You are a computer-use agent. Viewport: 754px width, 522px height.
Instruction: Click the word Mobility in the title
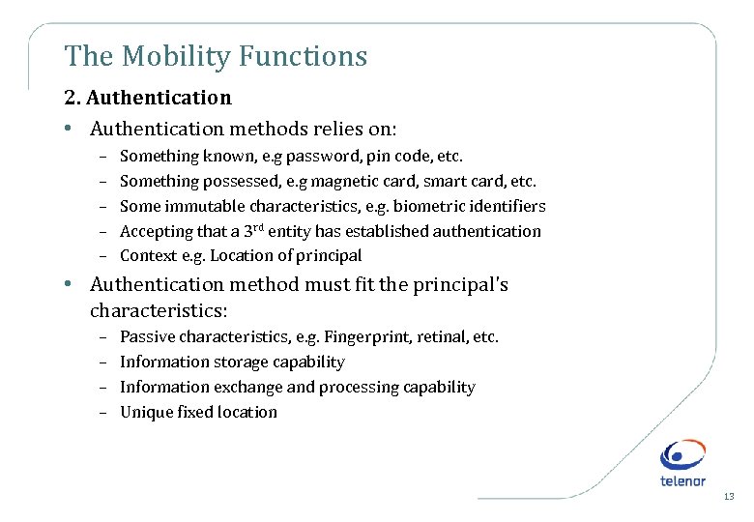pos(168,57)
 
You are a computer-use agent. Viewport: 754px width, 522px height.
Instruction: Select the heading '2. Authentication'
pos(148,98)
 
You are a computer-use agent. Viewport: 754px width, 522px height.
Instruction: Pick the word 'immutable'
pos(205,206)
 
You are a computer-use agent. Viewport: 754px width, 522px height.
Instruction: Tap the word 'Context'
pos(148,256)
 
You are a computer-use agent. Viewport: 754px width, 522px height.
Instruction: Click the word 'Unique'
pos(146,412)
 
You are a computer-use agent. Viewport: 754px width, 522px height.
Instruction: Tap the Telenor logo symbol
pos(682,454)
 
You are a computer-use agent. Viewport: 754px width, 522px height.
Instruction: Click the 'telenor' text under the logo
pos(682,480)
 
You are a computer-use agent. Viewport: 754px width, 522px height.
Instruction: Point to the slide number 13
pos(728,497)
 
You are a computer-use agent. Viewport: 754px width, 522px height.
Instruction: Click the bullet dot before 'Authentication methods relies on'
pos(73,128)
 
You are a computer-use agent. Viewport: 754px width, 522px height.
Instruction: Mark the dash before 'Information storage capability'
pos(102,362)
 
